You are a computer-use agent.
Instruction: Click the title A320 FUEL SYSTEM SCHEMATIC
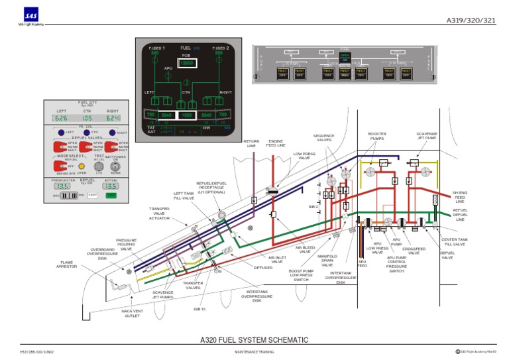(x=254, y=339)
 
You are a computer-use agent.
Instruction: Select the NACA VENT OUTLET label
(x=132, y=313)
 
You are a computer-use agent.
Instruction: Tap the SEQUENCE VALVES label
(x=324, y=138)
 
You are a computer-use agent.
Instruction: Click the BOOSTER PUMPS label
(x=377, y=136)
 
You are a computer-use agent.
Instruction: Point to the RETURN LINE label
(x=251, y=143)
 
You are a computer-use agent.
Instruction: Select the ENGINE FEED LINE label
(x=276, y=143)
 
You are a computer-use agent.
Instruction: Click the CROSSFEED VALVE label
(x=414, y=251)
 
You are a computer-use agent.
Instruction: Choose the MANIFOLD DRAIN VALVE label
(x=327, y=261)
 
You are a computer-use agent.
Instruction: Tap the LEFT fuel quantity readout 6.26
(x=61, y=118)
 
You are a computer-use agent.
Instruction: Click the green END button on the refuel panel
(x=111, y=195)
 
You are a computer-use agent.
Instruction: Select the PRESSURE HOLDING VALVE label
(x=126, y=245)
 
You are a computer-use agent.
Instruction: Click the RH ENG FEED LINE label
(x=459, y=197)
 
